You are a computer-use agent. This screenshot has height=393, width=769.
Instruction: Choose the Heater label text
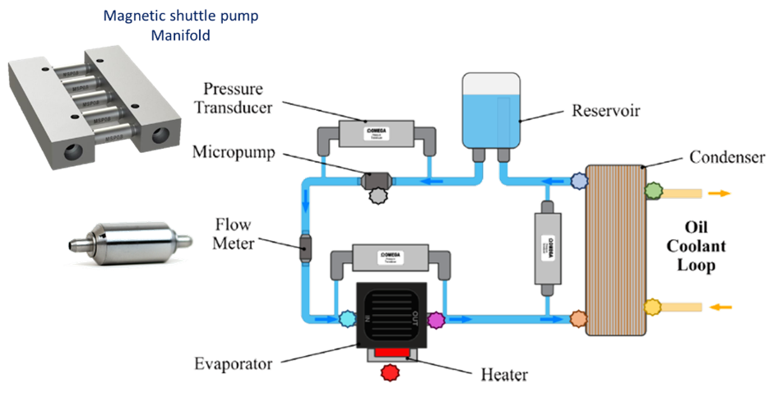click(503, 374)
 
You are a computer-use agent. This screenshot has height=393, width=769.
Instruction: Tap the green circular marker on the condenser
click(654, 192)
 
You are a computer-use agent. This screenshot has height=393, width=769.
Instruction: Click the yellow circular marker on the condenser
click(654, 307)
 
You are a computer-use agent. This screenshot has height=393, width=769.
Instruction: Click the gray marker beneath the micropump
click(379, 195)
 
